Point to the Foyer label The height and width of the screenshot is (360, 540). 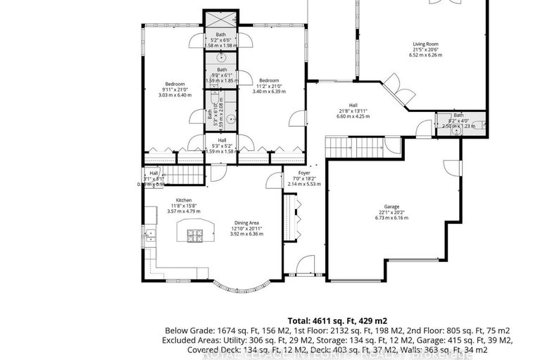point(303,173)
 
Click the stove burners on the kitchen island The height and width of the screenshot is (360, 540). point(194,235)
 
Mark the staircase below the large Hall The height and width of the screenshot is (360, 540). point(354,148)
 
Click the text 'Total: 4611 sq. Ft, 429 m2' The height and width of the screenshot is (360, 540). point(337,320)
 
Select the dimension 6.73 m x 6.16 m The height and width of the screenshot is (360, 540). point(391,218)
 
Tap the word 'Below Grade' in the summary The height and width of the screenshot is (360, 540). point(185,330)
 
